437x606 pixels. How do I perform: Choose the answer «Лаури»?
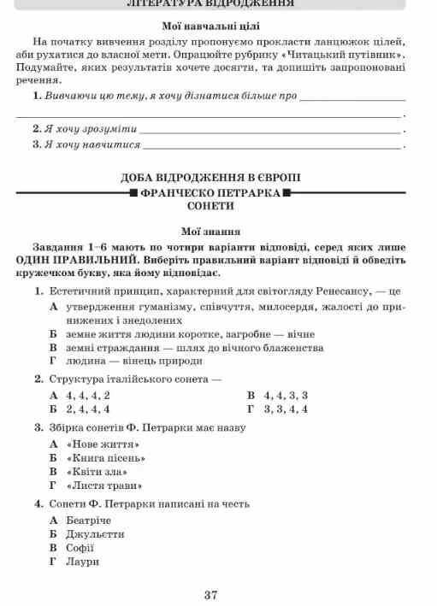pyautogui.click(x=82, y=562)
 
